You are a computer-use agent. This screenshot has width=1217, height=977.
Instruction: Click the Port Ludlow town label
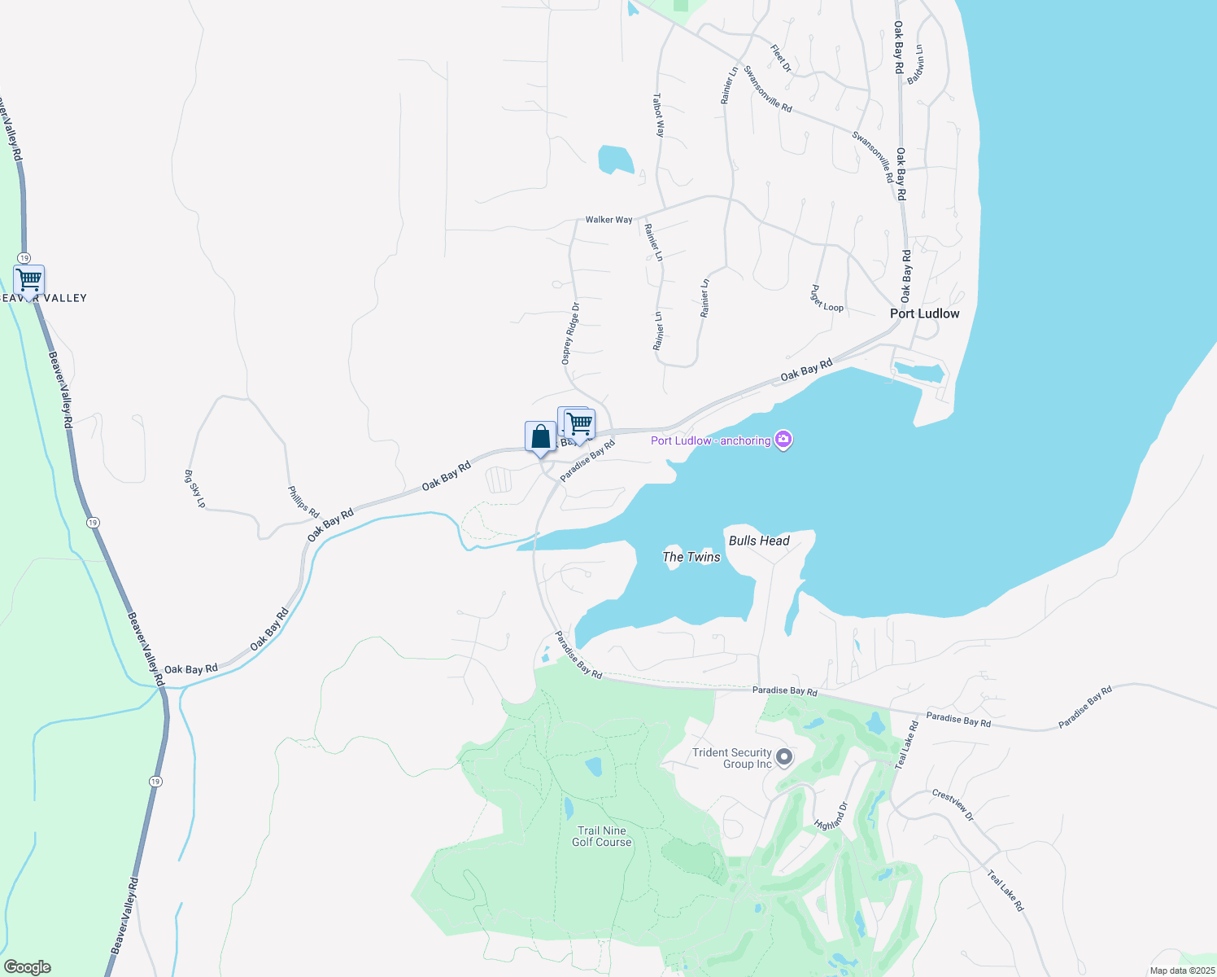[x=924, y=313]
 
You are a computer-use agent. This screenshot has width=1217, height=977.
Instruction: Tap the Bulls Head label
[x=759, y=541]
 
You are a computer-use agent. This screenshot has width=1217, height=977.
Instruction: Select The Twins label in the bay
[x=691, y=557]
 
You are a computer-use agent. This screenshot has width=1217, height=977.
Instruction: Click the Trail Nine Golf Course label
[x=602, y=836]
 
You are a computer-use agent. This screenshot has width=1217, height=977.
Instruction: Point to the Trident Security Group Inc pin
[x=784, y=758]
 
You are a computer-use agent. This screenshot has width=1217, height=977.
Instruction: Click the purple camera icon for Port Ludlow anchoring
[x=783, y=440]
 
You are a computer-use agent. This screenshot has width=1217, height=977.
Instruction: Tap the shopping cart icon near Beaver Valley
[x=28, y=281]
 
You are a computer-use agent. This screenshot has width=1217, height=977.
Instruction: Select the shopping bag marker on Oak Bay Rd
[x=540, y=437]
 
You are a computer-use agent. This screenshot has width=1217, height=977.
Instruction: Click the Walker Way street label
[x=608, y=220]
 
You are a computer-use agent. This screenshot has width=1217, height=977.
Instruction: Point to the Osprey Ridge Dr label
[x=570, y=333]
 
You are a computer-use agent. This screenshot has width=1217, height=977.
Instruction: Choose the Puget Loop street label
[x=827, y=299]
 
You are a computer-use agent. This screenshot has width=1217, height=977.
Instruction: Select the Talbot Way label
[x=658, y=115]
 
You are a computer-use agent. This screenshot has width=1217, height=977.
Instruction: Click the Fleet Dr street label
[x=781, y=58]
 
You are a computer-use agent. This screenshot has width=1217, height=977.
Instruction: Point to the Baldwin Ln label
[x=917, y=64]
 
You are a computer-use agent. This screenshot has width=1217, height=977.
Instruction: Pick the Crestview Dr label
[x=953, y=804]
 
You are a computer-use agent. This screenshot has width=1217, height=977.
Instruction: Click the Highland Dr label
[x=831, y=817]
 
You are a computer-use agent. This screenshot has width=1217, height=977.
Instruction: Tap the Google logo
[x=28, y=967]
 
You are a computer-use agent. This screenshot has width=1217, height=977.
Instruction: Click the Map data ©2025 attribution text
[x=1181, y=970]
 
